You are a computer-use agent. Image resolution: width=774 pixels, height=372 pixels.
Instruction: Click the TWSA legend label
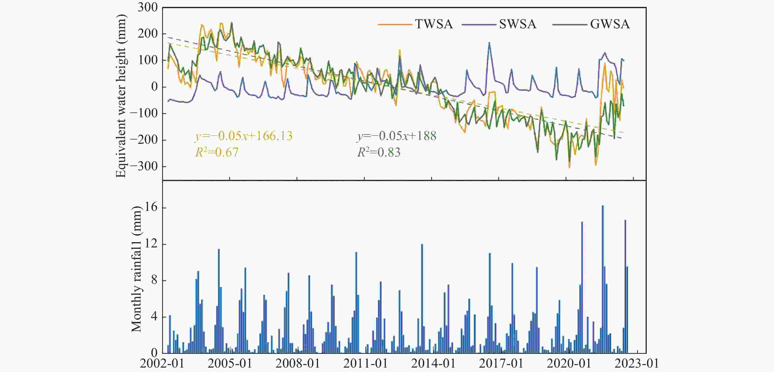point(434,24)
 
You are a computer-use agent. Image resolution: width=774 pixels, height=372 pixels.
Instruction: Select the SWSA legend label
point(517,24)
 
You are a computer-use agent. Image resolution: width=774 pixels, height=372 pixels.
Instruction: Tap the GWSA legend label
point(610,24)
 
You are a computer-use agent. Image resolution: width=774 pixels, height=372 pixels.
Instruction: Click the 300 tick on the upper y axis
point(147,8)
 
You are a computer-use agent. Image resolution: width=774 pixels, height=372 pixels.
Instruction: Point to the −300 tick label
point(144,166)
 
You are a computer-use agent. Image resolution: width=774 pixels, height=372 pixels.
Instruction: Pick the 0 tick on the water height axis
point(154,87)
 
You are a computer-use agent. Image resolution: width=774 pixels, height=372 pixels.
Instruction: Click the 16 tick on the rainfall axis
point(151,208)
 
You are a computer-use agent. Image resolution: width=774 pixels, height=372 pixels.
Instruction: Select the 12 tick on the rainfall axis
point(151,244)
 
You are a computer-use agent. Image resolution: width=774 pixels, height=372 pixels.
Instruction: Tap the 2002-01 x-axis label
point(162,364)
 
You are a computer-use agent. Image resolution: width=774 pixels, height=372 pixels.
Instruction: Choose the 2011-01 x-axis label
point(365,364)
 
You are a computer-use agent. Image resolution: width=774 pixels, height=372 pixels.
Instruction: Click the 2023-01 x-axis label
point(636,364)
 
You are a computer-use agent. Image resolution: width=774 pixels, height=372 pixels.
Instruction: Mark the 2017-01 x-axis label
point(501,364)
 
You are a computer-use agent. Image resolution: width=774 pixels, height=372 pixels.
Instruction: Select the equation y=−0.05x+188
point(397,136)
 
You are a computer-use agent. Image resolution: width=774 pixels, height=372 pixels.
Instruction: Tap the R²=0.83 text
point(379,152)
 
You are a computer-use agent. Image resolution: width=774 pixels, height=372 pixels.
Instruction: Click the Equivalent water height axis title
point(121,96)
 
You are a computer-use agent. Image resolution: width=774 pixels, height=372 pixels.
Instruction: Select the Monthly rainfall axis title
point(136,269)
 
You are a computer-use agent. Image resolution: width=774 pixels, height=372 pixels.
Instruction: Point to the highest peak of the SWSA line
point(489,43)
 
